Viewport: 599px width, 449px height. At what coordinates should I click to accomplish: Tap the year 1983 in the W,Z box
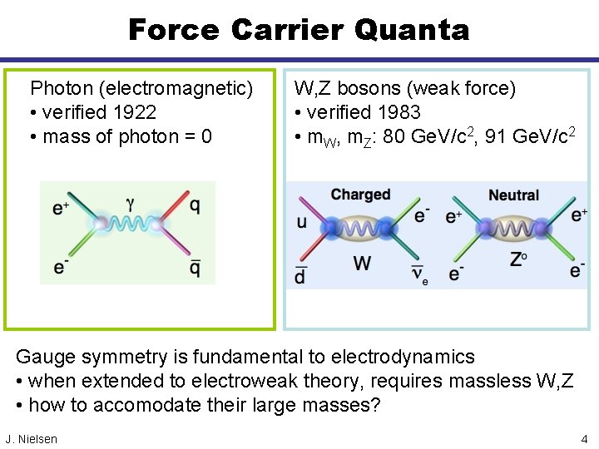click(x=397, y=112)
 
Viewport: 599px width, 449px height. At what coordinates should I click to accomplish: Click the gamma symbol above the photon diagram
click(x=130, y=203)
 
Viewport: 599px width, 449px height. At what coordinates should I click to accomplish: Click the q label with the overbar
click(x=194, y=267)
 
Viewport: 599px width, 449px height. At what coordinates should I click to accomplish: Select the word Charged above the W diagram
click(x=360, y=195)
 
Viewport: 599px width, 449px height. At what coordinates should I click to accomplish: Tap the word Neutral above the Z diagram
click(x=513, y=195)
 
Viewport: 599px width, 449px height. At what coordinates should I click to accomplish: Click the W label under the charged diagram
click(x=362, y=264)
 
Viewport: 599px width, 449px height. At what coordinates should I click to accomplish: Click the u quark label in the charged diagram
click(x=300, y=221)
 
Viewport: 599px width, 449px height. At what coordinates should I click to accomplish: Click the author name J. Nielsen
click(x=32, y=439)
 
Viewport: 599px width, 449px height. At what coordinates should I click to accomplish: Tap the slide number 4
click(x=585, y=438)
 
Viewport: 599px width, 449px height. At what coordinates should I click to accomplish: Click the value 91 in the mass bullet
click(x=495, y=136)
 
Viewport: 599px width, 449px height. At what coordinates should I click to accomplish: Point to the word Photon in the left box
click(x=61, y=88)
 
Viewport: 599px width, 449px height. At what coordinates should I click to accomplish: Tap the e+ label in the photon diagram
click(x=61, y=208)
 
